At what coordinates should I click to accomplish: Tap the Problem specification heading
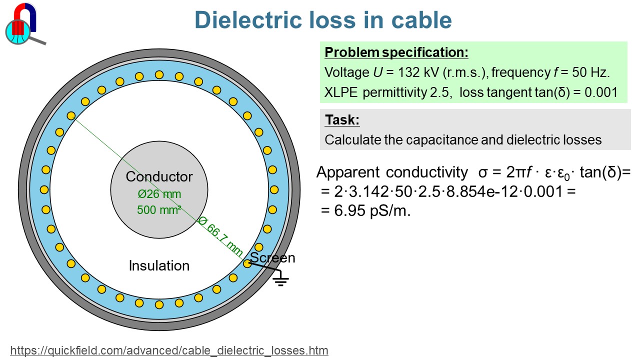[396, 52]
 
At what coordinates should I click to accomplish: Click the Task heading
[342, 120]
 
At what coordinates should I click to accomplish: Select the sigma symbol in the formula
[482, 173]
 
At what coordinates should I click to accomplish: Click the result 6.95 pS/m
[372, 210]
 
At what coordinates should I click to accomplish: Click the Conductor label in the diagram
[159, 176]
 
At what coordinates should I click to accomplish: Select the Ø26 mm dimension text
[159, 194]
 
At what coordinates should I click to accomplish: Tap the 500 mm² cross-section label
[159, 209]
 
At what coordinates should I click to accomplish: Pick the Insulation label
[159, 265]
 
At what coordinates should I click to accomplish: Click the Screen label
[272, 258]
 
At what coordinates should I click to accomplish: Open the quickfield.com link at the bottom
[169, 350]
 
